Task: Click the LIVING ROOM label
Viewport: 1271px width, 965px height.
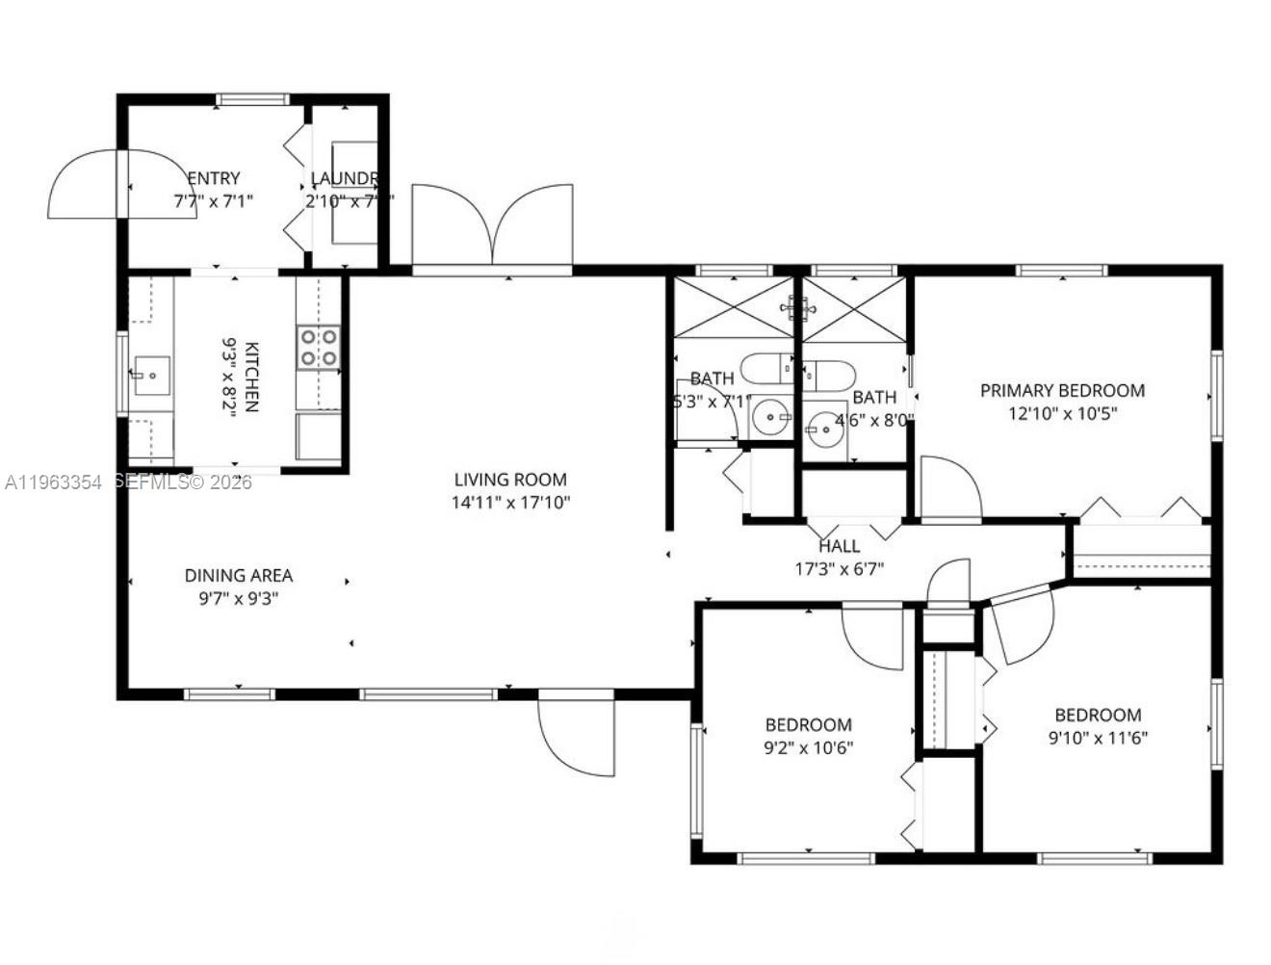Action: [510, 480]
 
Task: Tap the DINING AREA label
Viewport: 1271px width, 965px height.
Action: [239, 576]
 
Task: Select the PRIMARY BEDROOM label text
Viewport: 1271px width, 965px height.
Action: [1062, 391]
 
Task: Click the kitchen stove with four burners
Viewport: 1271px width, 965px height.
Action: [319, 348]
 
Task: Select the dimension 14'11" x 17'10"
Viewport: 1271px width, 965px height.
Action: [510, 503]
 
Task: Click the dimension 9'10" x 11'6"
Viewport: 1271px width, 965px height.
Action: [1098, 739]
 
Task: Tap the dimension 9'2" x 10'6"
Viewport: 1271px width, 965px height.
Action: [808, 748]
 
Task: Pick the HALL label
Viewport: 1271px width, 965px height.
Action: [839, 546]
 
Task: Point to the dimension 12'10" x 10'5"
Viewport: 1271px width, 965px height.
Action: [1062, 414]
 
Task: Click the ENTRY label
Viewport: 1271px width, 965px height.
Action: [213, 178]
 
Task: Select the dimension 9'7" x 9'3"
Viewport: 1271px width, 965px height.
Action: [239, 599]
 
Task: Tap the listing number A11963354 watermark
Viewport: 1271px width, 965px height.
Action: [53, 482]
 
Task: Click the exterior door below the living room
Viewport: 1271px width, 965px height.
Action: [576, 732]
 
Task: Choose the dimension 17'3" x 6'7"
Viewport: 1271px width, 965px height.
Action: [839, 569]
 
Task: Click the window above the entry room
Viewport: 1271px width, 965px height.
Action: [252, 99]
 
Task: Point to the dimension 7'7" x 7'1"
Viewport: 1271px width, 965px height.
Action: [213, 201]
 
